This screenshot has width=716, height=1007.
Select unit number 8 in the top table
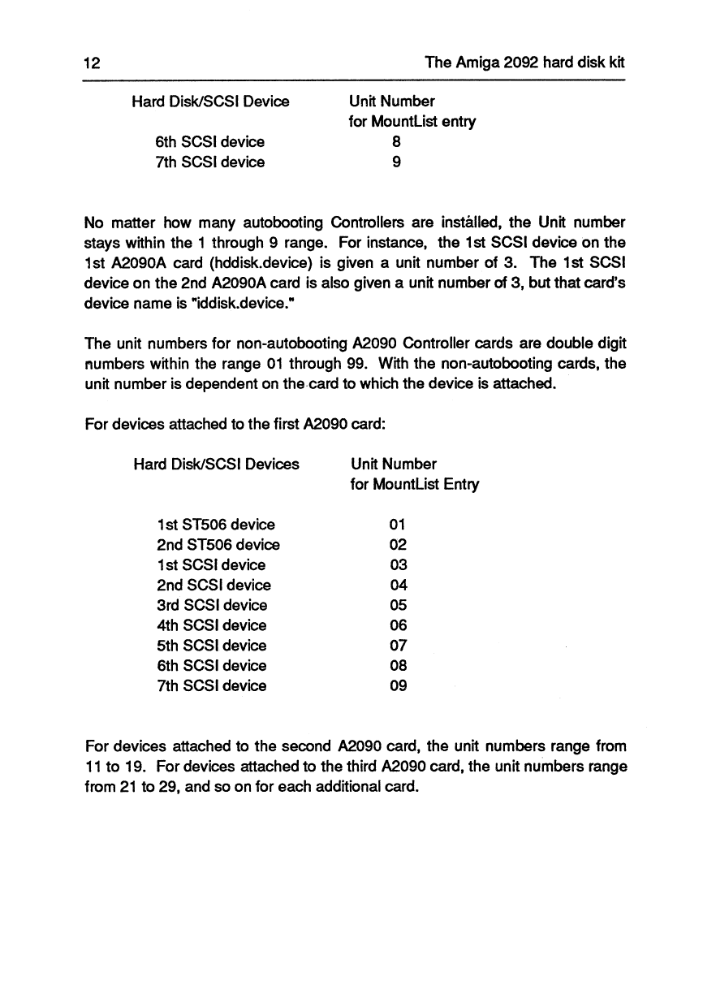coord(396,141)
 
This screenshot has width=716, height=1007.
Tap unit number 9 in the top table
coord(396,162)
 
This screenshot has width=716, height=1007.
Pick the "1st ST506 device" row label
coord(216,525)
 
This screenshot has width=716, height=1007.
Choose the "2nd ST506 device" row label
coord(218,545)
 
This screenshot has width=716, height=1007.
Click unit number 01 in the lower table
coord(397,525)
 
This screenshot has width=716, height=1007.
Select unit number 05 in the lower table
coord(397,605)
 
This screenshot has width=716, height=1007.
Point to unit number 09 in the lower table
coord(397,686)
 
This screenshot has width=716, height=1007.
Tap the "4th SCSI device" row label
coord(212,625)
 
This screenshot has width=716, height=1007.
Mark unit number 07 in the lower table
coord(397,646)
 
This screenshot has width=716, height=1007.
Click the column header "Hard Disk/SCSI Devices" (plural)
coord(216,465)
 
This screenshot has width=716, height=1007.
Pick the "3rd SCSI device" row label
coord(212,605)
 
